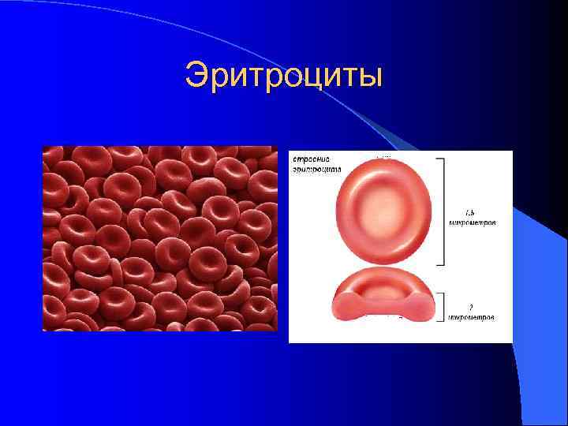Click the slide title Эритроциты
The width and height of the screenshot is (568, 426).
pos(284,77)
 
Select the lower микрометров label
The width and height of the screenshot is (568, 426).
pos(472,317)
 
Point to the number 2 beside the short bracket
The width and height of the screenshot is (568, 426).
pos(471,306)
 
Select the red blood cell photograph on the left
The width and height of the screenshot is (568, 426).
pos(159,238)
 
